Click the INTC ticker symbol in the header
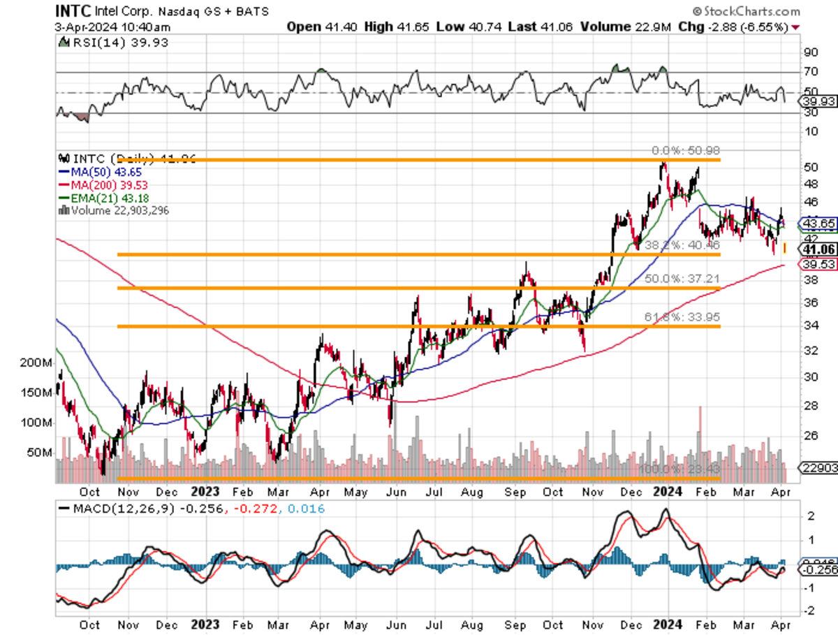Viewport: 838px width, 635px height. tap(71, 11)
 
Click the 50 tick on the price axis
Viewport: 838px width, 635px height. tap(810, 167)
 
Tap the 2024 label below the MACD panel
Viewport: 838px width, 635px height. tap(668, 625)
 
